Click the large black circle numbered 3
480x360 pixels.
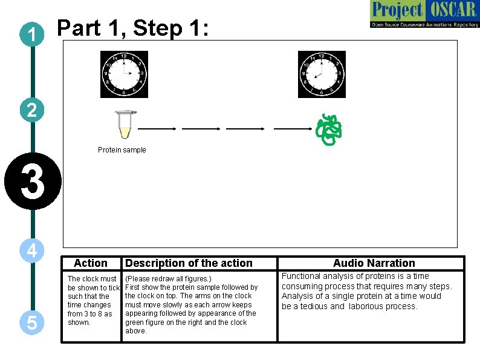click(x=32, y=182)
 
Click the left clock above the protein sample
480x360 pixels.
click(x=124, y=74)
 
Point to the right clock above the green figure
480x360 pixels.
click(x=322, y=74)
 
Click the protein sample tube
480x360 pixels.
click(x=126, y=125)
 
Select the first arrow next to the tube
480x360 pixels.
click(x=157, y=129)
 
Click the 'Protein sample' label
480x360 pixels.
click(x=122, y=150)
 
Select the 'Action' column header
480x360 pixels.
click(x=90, y=263)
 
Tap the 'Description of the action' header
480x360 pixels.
click(x=188, y=263)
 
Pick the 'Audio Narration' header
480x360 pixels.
click(x=374, y=263)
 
